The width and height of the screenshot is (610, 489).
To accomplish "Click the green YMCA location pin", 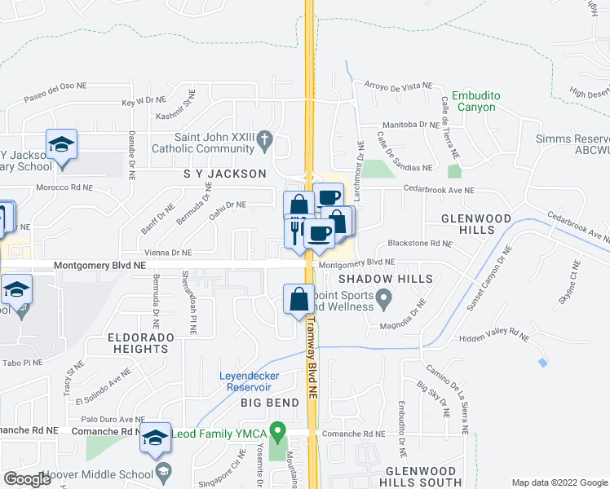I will (278, 429).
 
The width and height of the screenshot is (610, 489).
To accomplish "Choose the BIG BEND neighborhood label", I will (270, 403).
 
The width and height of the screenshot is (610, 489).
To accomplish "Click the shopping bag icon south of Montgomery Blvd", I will (299, 299).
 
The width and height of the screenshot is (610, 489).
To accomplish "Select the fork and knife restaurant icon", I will (295, 231).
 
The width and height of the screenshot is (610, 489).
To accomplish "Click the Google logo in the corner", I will (27, 479).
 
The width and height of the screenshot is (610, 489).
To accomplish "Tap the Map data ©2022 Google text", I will (559, 482).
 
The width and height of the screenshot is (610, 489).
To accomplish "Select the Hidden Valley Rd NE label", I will (495, 336).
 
